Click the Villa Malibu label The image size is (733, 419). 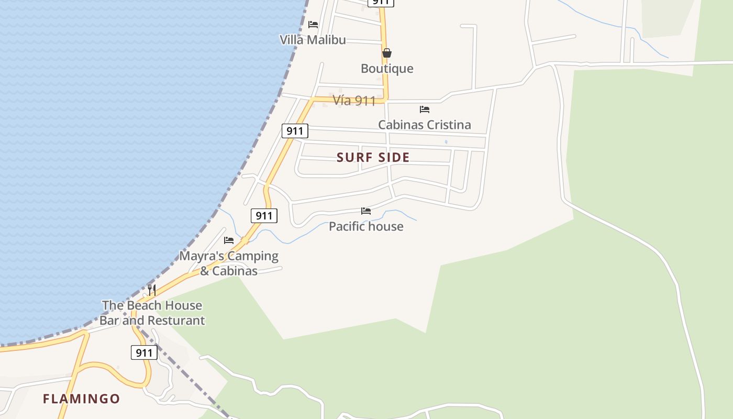point(313,40)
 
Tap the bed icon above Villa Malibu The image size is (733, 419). point(313,25)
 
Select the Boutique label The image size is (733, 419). point(387,69)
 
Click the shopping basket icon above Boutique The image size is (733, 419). point(387,53)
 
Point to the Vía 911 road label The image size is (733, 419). point(354,101)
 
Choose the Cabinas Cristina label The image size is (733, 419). point(424,125)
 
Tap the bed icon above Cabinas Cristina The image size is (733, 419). point(425,109)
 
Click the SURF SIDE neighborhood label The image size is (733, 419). point(373,157)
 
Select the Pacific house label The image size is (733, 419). point(366,226)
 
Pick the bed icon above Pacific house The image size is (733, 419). point(366,211)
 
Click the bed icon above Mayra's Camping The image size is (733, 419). point(229,240)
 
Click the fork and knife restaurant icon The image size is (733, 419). point(151,290)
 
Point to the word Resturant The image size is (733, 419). point(176,321)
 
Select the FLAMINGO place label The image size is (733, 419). point(81,399)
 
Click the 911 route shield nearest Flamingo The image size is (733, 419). point(143,352)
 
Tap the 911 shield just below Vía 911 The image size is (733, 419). point(295,131)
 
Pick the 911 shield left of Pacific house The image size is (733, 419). point(264,215)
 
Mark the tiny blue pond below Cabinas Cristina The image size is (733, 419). point(446,142)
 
